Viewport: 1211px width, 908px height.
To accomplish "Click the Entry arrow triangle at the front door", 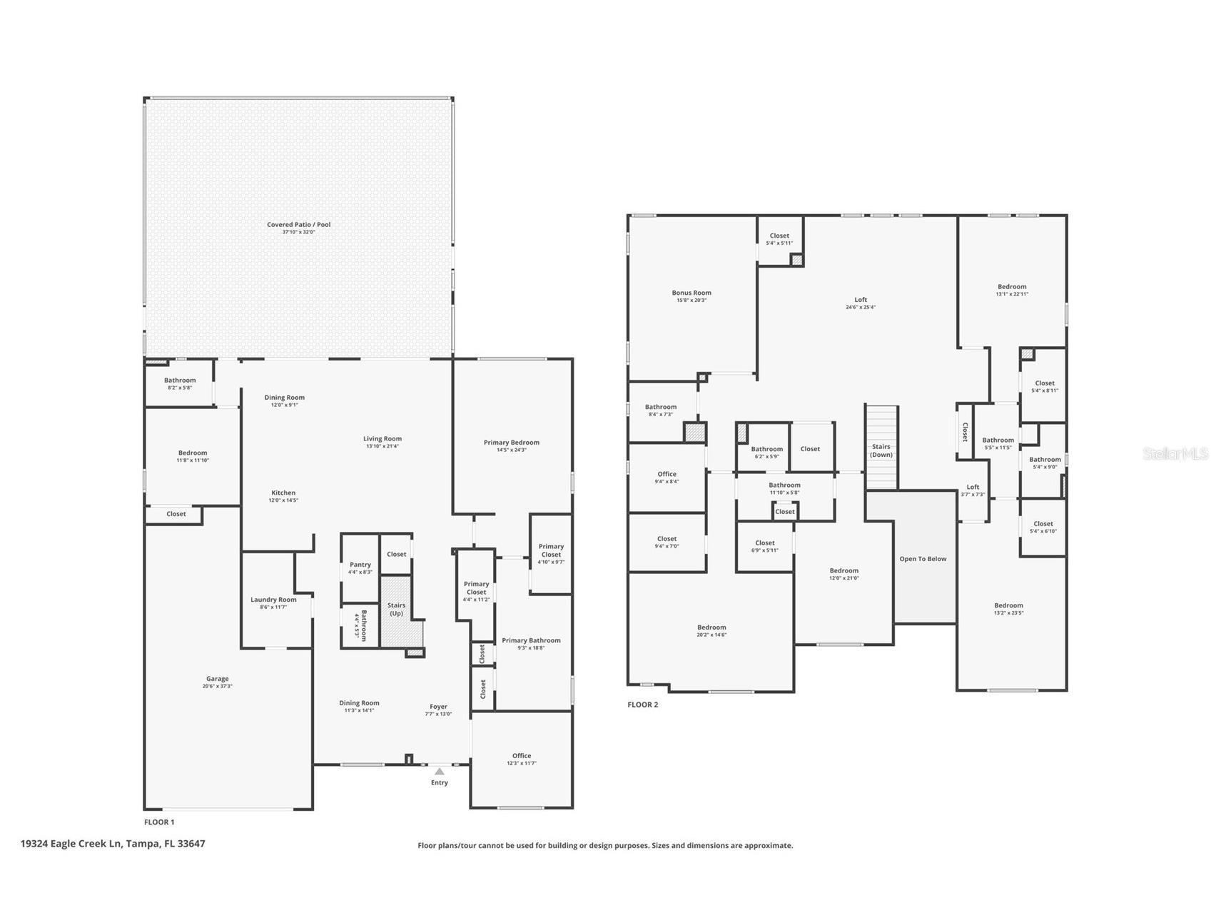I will pos(440,771).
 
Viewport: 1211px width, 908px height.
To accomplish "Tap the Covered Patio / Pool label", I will pos(298,224).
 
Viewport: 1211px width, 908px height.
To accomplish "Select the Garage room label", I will pos(218,679).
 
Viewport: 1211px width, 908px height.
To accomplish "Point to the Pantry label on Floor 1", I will pos(360,565).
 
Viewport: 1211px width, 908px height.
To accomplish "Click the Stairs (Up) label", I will pos(396,609).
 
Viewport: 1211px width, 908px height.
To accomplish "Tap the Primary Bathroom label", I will pos(531,640).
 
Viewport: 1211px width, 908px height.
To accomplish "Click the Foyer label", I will pos(438,707).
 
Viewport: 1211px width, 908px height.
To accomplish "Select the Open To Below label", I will pos(923,559).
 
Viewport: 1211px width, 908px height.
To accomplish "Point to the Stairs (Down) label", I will pos(881,450).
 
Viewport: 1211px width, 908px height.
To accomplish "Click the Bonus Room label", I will pos(691,293).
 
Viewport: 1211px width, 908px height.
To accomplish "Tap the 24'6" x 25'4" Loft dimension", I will pos(861,308).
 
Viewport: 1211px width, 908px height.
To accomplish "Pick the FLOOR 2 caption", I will pos(642,705).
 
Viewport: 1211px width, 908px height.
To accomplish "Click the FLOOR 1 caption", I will pos(159,822).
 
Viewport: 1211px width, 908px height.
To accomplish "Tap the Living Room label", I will pos(382,439).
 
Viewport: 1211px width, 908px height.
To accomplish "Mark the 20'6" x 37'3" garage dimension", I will pos(218,687).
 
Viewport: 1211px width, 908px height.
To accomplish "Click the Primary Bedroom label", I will pos(511,443).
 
